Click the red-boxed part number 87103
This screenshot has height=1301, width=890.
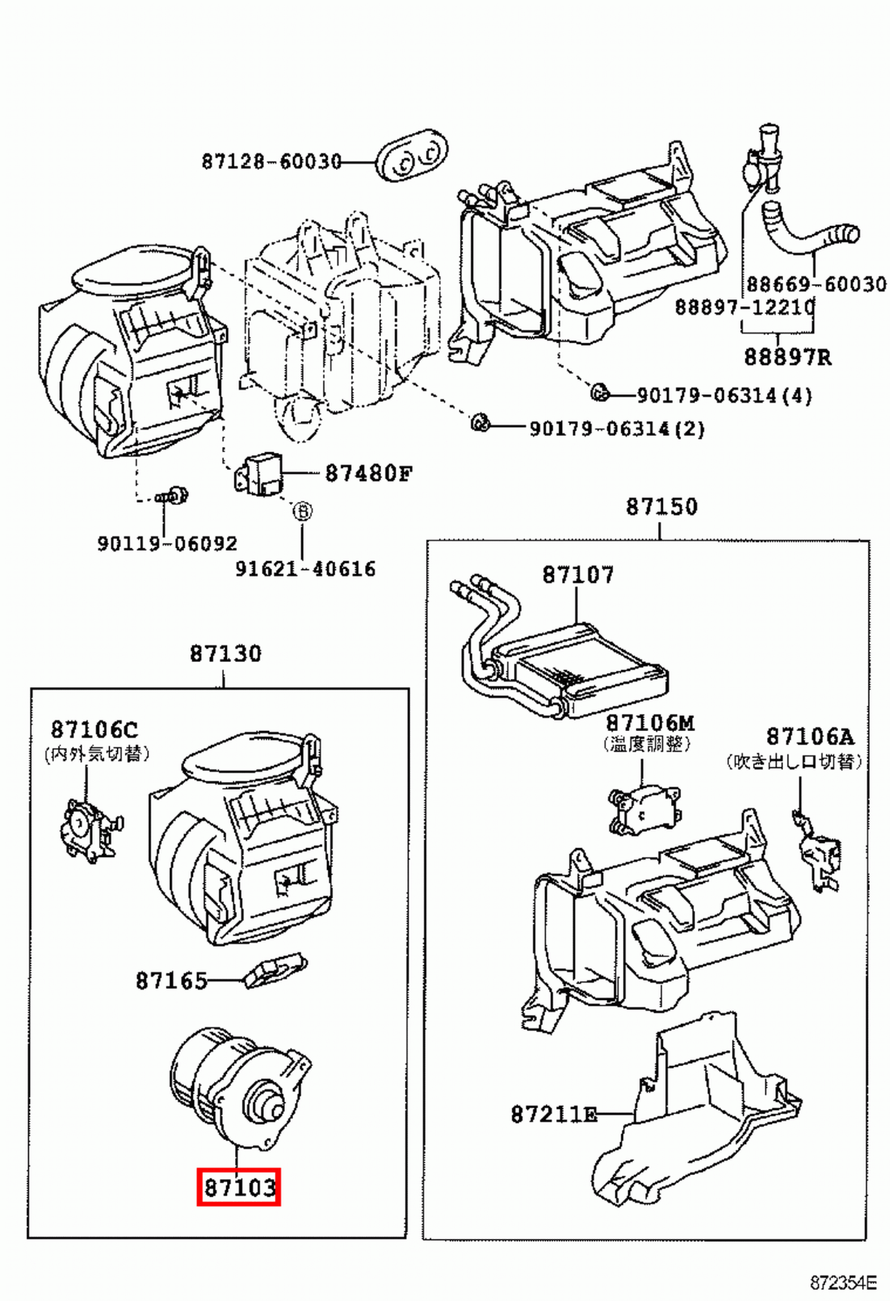point(238,1188)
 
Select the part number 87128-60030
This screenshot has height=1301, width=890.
point(271,162)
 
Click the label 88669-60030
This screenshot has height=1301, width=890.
point(816,285)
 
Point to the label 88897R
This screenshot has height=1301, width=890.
point(787,357)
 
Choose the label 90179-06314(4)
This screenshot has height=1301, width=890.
point(724,396)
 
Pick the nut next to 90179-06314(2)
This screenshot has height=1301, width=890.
point(480,422)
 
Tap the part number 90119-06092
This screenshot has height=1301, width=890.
point(167,544)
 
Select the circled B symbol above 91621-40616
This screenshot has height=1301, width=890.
point(302,511)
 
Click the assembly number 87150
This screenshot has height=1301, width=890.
point(661,507)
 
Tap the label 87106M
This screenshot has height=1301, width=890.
point(650,722)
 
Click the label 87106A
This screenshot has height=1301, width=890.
point(810,737)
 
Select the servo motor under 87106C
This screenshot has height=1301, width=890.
point(87,829)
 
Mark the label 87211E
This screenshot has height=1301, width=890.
point(553,1114)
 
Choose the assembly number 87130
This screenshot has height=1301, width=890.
point(226,654)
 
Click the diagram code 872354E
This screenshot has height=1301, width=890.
point(843,1284)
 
